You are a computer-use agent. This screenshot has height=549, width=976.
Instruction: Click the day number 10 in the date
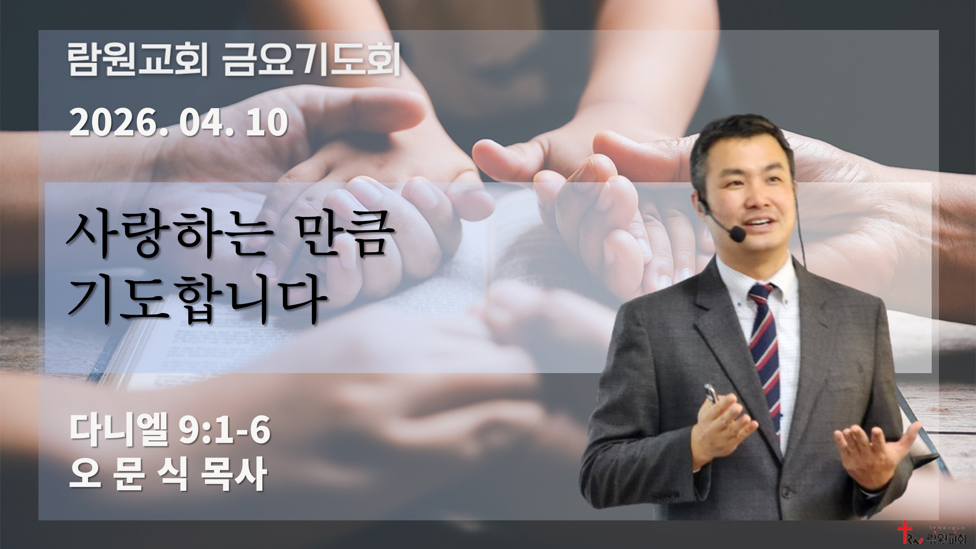[x=267, y=122]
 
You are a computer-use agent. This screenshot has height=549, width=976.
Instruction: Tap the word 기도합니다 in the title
[x=197, y=299]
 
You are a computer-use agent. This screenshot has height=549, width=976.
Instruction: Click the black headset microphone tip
[x=737, y=234]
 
